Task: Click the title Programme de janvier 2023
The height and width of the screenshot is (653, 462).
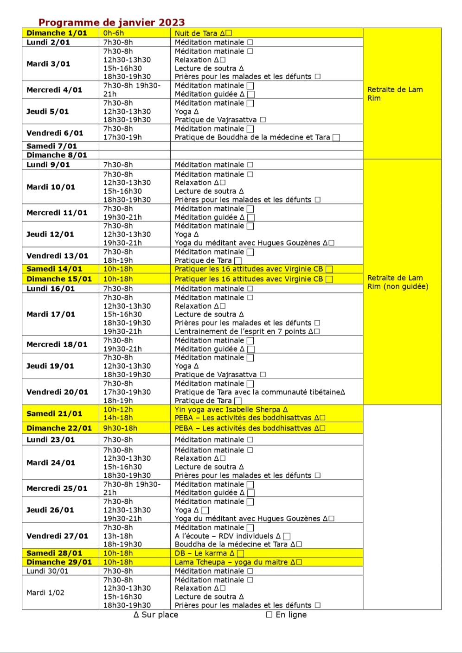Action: [111, 22]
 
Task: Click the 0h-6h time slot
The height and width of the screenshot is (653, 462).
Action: [114, 33]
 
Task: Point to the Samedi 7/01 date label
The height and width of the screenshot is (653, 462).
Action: [51, 146]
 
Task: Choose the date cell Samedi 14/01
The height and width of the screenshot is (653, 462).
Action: [54, 269]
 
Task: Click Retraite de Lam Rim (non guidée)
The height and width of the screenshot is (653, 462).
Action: [398, 282]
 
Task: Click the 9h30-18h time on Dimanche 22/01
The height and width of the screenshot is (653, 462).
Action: [120, 428]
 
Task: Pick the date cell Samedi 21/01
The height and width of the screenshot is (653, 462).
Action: [54, 413]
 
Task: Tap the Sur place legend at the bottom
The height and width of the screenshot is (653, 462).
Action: [156, 615]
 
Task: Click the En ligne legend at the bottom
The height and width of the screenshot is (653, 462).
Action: [287, 615]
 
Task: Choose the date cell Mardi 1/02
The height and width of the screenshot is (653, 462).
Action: [45, 593]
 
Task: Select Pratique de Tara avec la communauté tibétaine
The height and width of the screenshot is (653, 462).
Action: [260, 392]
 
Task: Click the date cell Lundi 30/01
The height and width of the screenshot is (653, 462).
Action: [47, 571]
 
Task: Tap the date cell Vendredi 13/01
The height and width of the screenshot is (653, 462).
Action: [57, 256]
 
